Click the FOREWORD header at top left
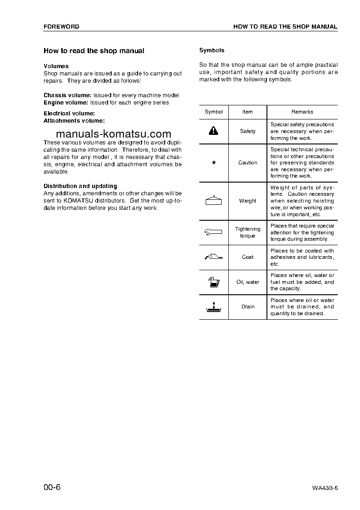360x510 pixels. tap(61, 27)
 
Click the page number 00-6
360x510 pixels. tap(52, 488)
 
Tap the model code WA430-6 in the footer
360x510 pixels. tap(325, 489)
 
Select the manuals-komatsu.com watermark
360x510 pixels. tap(114, 134)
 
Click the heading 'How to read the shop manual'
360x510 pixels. tap(94, 51)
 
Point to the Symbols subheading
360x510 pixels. tap(212, 50)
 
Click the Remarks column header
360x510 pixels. tap(302, 112)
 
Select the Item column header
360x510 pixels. tap(247, 112)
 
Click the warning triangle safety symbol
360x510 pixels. tap(213, 131)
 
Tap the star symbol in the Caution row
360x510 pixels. tap(213, 163)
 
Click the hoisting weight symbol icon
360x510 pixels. tap(213, 200)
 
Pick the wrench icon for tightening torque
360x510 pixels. tap(213, 232)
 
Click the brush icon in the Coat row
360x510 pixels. tap(213, 257)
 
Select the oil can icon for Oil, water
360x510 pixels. tap(213, 282)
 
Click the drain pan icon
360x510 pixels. tap(213, 307)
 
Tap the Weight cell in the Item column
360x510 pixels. tap(247, 201)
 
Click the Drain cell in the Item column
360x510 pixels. tap(247, 307)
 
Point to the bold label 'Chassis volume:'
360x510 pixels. tap(67, 95)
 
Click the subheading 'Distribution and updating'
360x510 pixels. tap(80, 186)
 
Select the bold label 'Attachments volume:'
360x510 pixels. tap(74, 121)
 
